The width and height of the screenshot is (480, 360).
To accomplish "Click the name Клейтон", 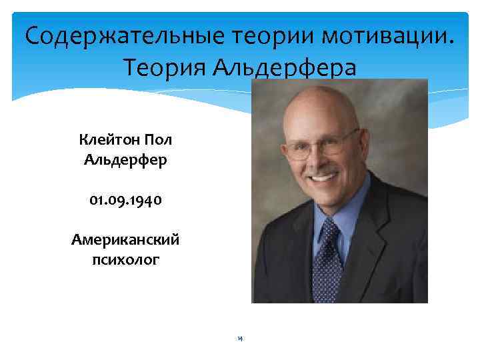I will [x=110, y=140].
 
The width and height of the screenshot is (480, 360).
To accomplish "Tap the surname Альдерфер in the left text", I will [x=125, y=161].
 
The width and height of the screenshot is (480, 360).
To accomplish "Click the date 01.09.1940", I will [x=125, y=201].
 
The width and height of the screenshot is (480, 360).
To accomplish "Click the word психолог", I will [x=125, y=260].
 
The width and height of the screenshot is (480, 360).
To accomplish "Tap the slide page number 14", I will [x=239, y=339].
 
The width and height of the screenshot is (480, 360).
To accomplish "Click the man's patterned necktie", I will [x=328, y=260].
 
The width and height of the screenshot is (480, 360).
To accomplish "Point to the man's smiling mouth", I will [x=323, y=177].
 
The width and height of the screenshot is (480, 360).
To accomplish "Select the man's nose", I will [x=321, y=159].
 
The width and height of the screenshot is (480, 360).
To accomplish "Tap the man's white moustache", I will [x=323, y=170].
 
